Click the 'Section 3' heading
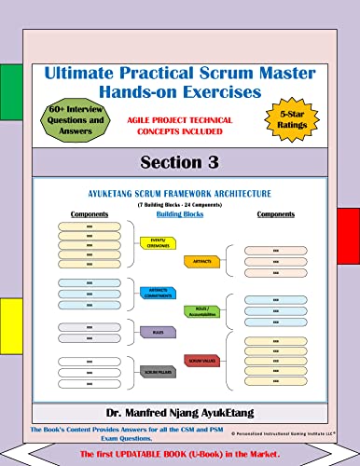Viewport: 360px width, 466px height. click(x=179, y=162)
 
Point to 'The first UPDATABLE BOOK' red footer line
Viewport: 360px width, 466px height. click(x=180, y=451)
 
